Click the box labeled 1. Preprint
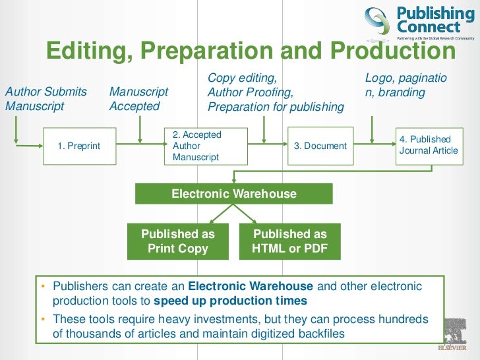point(78,146)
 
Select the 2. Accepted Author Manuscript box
point(206,146)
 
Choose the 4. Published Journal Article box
point(428,145)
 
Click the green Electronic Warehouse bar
point(234,194)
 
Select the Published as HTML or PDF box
point(289,241)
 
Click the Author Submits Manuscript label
point(45,99)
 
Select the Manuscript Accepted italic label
point(138,99)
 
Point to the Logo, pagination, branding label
point(405,85)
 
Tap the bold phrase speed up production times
point(230,301)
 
